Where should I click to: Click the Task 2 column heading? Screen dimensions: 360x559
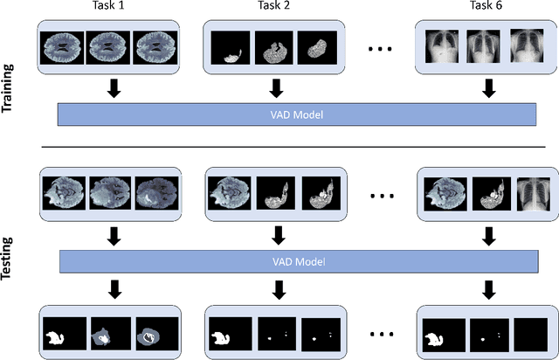coord(276,7)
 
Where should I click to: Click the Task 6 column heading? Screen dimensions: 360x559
coord(485,7)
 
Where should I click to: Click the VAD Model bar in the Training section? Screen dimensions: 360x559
coord(296,115)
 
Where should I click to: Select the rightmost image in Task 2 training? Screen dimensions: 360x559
coord(315,47)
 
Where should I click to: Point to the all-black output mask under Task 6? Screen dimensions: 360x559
coord(529,334)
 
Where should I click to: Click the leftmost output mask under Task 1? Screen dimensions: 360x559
coord(62,334)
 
